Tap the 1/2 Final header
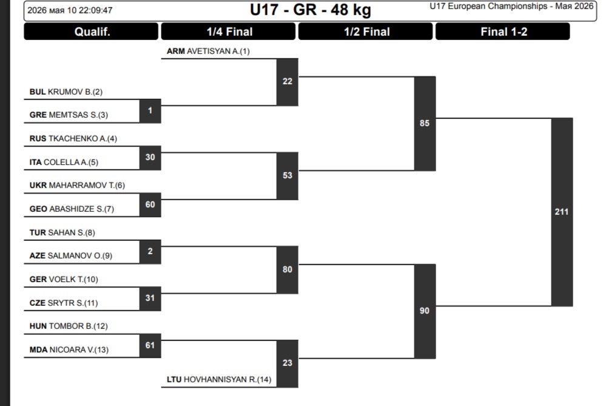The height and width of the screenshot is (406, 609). click(366, 32)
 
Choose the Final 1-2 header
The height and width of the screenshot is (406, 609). click(503, 32)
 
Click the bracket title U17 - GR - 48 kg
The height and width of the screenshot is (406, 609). click(311, 10)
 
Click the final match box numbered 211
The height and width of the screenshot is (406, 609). click(562, 212)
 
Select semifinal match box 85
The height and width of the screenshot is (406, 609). click(425, 124)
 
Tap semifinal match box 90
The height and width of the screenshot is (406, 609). click(425, 311)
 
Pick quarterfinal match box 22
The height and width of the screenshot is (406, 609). click(288, 81)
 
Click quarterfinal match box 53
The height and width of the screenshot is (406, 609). click(288, 175)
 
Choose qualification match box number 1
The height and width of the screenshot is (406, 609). click(150, 111)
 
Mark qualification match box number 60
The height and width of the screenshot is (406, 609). click(150, 205)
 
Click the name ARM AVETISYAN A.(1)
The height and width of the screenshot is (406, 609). click(208, 52)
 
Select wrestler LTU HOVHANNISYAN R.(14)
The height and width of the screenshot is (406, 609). click(219, 379)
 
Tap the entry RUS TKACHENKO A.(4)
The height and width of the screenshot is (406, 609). click(73, 139)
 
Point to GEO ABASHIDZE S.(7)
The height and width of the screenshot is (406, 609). click(72, 209)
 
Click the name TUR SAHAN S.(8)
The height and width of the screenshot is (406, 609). click(62, 232)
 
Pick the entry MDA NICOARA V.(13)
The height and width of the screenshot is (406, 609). click(69, 350)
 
